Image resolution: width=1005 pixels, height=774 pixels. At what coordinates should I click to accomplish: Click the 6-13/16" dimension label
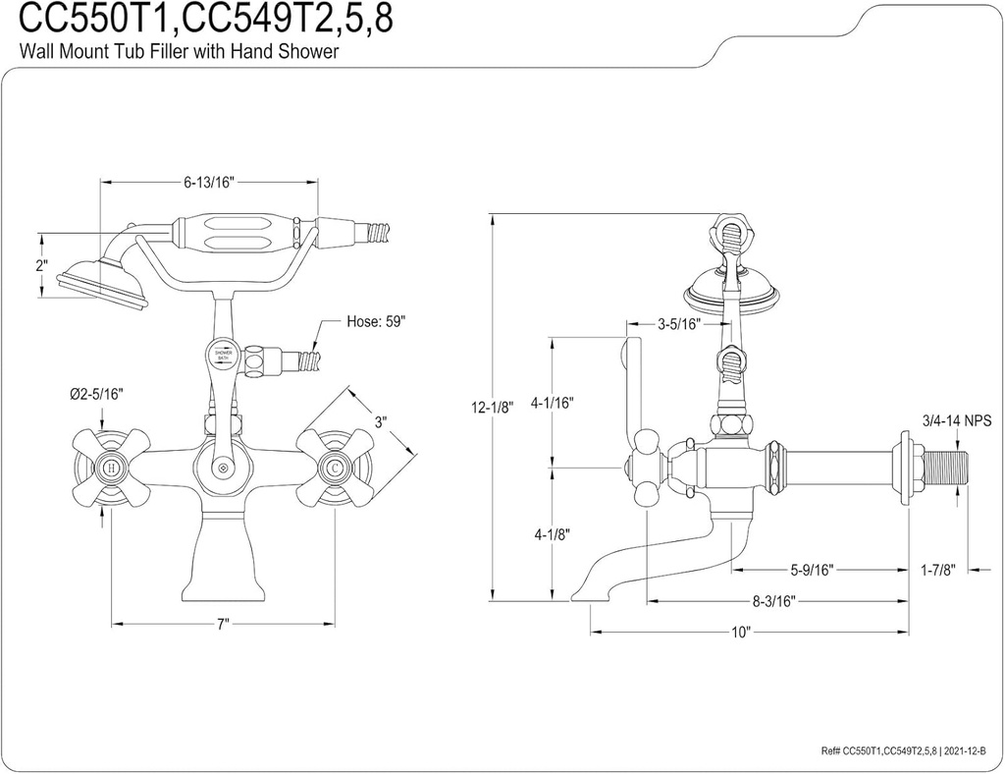click(x=209, y=182)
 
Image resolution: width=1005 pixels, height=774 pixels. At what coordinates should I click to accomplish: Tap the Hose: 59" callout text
click(x=376, y=321)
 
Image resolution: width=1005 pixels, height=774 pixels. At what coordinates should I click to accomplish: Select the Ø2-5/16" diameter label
click(x=96, y=394)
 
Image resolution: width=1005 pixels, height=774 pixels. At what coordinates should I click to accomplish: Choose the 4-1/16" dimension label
click(x=552, y=402)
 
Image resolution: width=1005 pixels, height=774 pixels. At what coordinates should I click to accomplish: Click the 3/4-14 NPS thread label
click(x=957, y=420)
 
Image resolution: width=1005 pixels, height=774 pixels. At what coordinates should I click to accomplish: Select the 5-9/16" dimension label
click(x=811, y=569)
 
